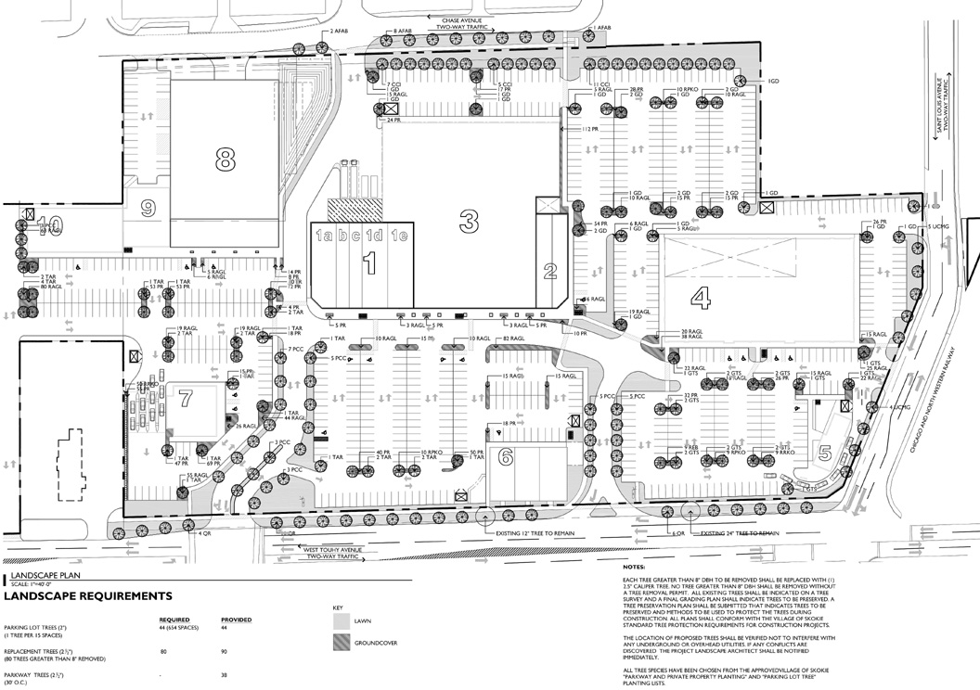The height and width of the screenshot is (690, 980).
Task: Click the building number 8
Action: click(x=223, y=160)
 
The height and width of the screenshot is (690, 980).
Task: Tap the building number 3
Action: click(x=470, y=221)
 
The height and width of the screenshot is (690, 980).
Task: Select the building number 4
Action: click(x=702, y=299)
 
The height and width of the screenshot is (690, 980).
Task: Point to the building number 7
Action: click(x=185, y=399)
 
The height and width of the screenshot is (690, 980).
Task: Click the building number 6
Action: click(x=506, y=456)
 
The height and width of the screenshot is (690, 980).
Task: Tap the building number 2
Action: click(x=549, y=272)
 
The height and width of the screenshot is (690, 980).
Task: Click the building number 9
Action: click(x=147, y=209)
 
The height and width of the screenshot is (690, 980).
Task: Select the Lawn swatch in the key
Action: click(x=342, y=622)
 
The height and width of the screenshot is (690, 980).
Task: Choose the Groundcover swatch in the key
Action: click(x=342, y=644)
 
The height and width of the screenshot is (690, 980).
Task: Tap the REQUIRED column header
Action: click(x=174, y=619)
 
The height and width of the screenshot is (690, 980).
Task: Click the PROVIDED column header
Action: click(x=236, y=619)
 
